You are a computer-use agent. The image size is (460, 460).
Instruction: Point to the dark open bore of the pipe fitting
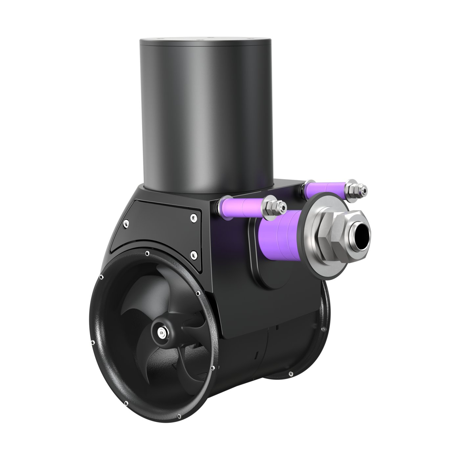tap(361, 236)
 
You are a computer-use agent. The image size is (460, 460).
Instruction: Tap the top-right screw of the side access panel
tap(193, 217)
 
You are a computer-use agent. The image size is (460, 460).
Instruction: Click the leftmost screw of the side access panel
tap(125, 224)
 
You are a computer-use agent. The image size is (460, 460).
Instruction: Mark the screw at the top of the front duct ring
tap(146, 253)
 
